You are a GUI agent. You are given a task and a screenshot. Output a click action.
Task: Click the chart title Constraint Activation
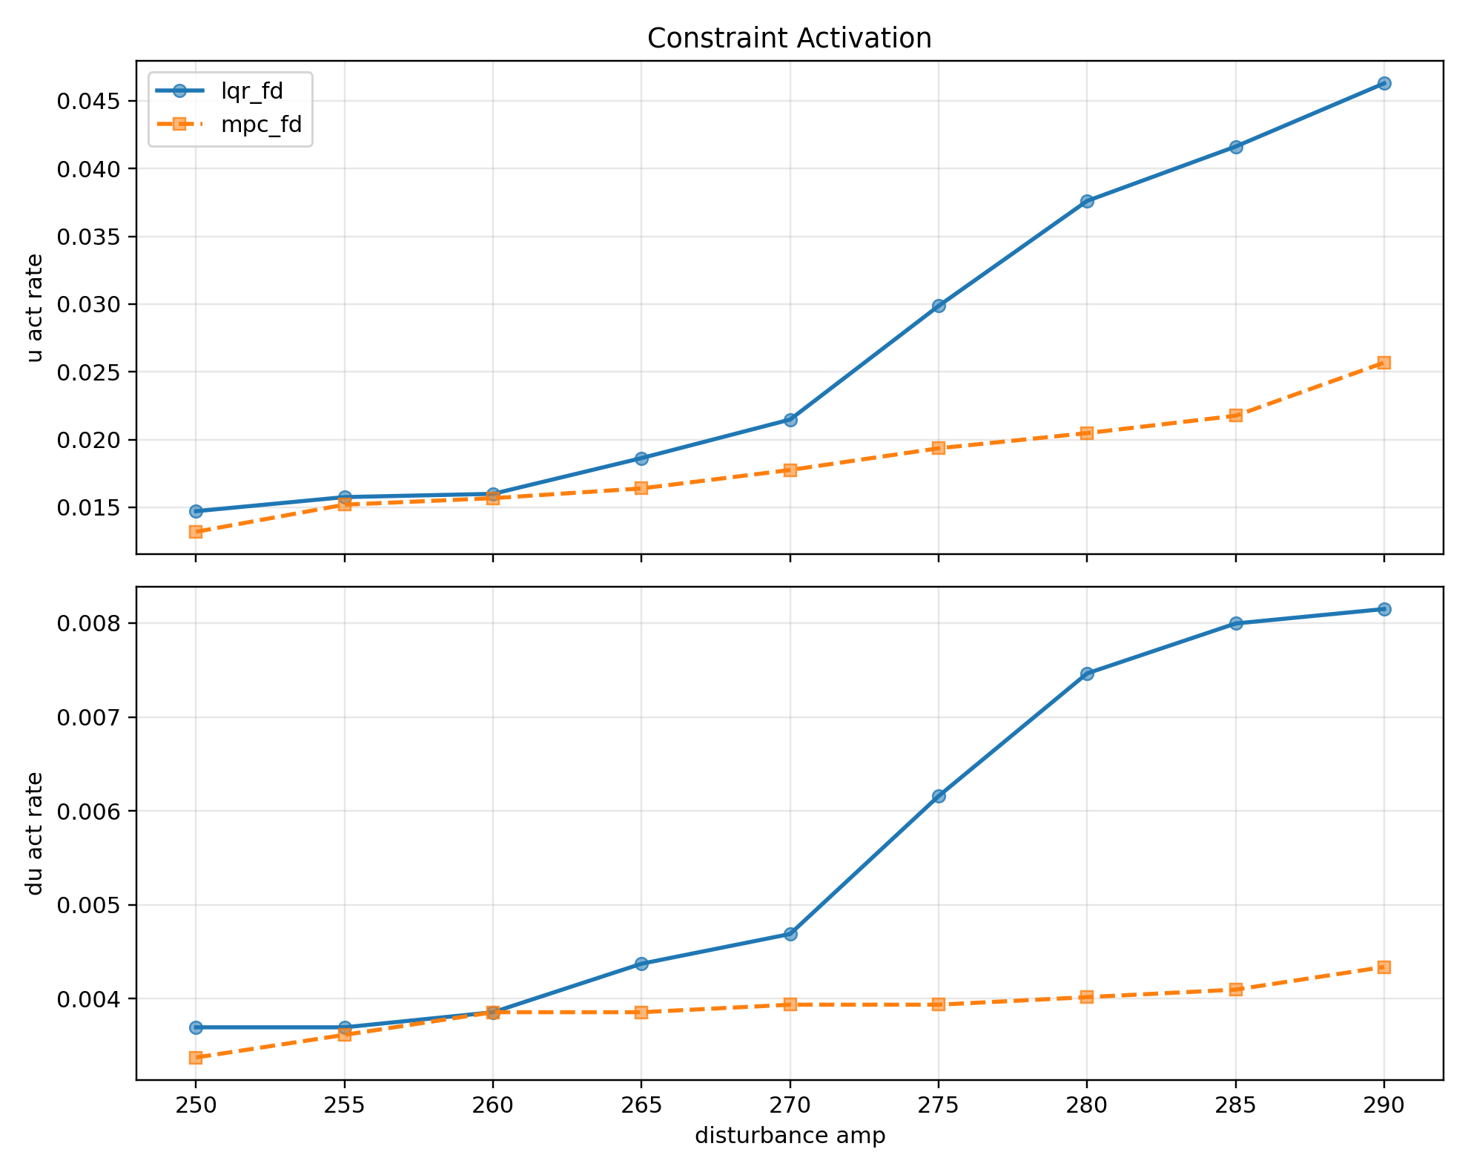(789, 39)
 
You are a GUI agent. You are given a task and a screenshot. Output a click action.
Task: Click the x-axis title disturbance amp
(790, 1136)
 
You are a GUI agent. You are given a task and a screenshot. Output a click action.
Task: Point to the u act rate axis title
(34, 307)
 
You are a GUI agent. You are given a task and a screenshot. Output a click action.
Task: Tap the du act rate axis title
(34, 833)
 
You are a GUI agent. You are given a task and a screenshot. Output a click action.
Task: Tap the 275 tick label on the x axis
(938, 1105)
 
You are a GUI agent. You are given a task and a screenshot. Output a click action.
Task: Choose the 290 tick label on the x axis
(1383, 1105)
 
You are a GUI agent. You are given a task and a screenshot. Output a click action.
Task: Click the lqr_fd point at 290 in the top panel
(1383, 84)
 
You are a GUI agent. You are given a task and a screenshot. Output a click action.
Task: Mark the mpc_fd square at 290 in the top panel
(1383, 363)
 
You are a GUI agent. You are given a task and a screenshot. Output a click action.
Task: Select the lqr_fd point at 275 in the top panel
(938, 306)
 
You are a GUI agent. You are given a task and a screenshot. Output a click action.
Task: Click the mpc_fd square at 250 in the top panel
(196, 532)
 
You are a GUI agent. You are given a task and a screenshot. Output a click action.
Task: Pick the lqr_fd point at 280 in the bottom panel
(1087, 674)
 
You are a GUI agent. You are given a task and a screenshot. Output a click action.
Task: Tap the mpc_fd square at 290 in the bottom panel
(1383, 967)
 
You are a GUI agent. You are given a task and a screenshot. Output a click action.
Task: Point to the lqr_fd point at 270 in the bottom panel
(790, 934)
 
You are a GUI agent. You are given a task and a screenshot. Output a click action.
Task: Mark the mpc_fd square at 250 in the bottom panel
(196, 1058)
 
